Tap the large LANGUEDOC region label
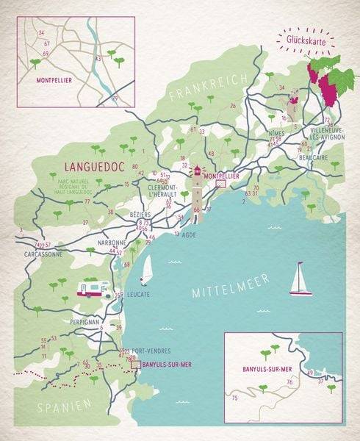pos(96,166)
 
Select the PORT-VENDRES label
pos(150,349)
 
